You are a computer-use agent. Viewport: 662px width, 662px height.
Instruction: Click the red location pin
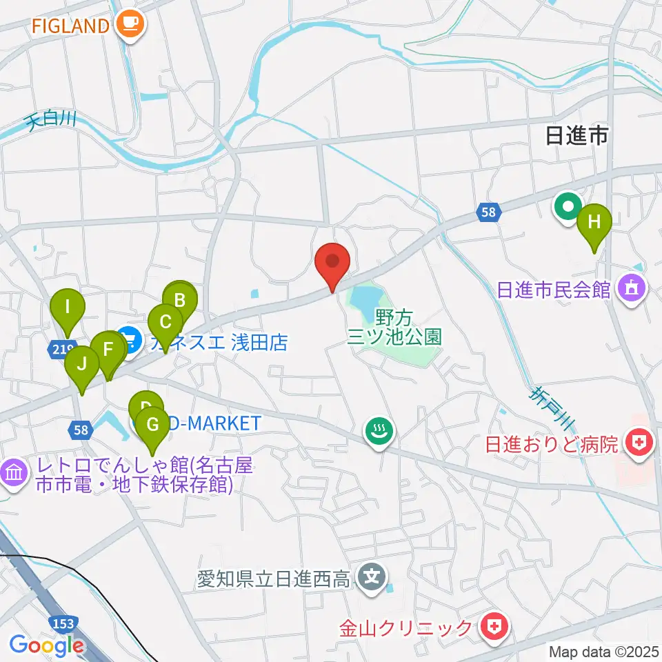click(x=332, y=262)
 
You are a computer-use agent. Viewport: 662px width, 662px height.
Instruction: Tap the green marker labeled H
click(x=594, y=223)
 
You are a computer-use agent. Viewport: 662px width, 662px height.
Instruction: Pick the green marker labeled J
click(x=82, y=363)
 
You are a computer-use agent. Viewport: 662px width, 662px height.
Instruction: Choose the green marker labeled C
click(x=165, y=322)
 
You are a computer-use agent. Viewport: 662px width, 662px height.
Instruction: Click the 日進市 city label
click(x=576, y=136)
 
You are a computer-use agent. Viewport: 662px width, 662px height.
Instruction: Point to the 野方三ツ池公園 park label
click(x=394, y=327)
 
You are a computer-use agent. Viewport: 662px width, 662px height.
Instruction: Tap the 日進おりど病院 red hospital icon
click(x=639, y=443)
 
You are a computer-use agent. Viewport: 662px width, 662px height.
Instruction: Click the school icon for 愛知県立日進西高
click(x=373, y=574)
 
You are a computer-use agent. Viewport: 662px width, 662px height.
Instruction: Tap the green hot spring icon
click(x=379, y=432)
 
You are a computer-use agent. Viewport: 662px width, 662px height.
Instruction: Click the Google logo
click(x=46, y=646)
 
